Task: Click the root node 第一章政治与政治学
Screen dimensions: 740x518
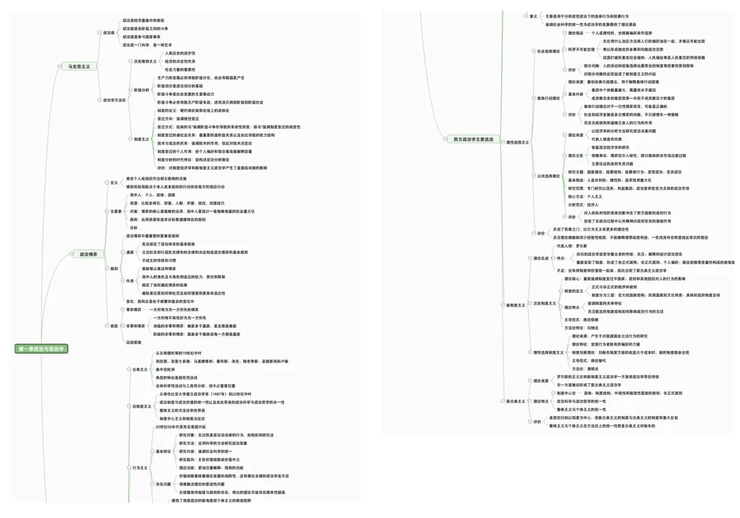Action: tap(42, 349)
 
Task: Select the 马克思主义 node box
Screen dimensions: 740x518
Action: tap(79, 66)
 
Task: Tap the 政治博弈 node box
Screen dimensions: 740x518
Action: tap(88, 254)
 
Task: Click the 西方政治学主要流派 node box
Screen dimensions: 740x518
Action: tap(473, 139)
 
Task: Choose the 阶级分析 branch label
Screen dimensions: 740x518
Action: tap(141, 89)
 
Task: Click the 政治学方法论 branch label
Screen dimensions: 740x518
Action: tap(114, 100)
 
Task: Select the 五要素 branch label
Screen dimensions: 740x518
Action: tap(114, 211)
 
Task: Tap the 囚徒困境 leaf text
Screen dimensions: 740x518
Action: tap(133, 341)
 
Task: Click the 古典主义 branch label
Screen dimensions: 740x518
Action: tap(141, 369)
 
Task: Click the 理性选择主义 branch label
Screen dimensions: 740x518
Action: tap(518, 142)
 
